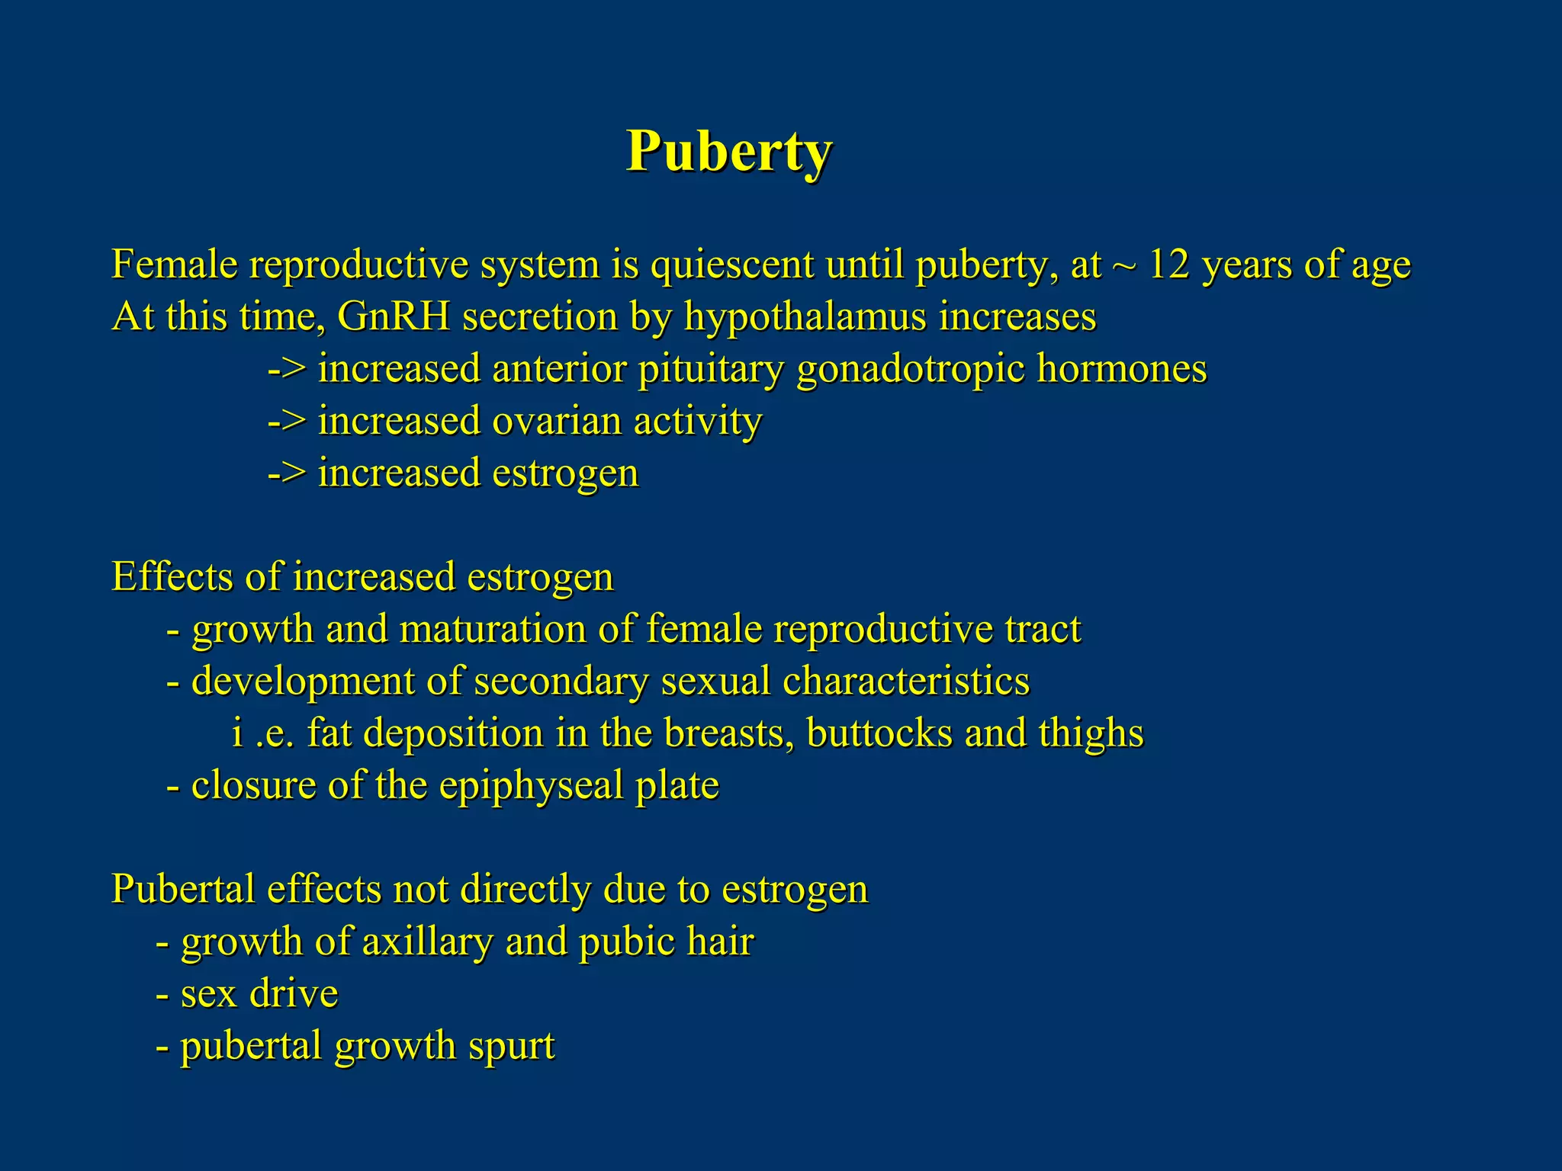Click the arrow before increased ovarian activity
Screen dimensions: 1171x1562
click(287, 422)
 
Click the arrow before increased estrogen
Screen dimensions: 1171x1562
click(287, 473)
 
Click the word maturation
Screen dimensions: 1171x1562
click(493, 630)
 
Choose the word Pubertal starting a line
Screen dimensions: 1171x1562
click(183, 890)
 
